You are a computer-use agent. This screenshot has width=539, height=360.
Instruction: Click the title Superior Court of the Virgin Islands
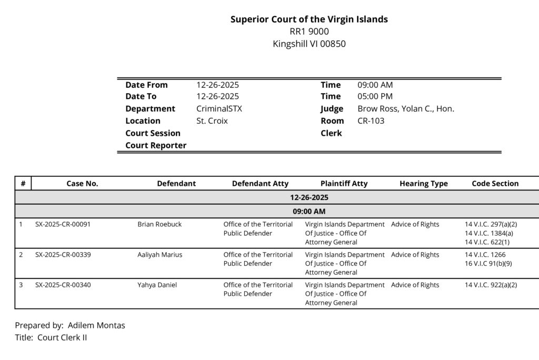pos(309,19)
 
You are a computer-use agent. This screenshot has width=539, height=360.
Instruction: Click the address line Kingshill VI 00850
pos(309,44)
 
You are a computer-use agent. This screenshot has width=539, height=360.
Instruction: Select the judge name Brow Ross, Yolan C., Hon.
pos(405,109)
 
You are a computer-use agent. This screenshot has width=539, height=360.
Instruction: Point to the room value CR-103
pos(371,121)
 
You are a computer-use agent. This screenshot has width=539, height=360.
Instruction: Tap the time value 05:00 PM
pos(375,97)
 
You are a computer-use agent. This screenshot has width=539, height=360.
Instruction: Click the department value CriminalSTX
pos(219,109)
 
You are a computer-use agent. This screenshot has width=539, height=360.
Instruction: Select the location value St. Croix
pos(212,121)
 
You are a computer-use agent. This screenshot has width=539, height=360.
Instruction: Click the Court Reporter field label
pos(156,145)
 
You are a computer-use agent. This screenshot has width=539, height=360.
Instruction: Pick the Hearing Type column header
pos(423,184)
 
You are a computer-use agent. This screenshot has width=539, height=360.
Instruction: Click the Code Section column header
pos(495,184)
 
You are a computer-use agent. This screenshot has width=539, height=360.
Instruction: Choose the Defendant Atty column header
pos(260,184)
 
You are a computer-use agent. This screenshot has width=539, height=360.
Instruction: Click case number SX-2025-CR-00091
pos(63,224)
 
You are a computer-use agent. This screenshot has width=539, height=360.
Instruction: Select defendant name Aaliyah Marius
pos(159,255)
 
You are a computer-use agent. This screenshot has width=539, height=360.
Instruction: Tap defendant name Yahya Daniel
pos(157,285)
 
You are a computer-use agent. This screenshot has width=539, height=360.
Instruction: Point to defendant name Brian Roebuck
pos(159,224)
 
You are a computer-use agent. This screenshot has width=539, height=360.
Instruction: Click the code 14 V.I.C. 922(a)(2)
pos(491,285)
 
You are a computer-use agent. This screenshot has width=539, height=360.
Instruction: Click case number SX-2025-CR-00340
pos(63,285)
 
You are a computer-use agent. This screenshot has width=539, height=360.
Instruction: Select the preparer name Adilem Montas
pos(96,325)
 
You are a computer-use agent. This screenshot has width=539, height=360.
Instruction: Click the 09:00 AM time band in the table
pos(309,212)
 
